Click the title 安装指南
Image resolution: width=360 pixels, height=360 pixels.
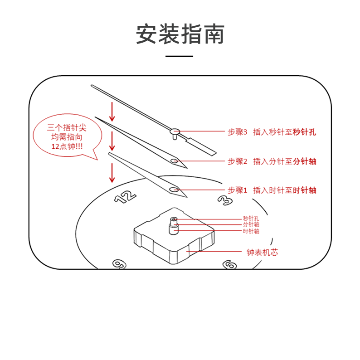[180, 34]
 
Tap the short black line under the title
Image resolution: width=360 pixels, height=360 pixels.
[180, 56]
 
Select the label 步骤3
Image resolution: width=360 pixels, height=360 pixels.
[237, 132]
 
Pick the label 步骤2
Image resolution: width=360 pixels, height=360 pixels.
[237, 161]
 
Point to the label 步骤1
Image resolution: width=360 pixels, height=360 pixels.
[237, 190]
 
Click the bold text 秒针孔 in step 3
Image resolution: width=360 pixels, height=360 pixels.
[304, 132]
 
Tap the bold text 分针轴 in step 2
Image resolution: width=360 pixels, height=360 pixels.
[304, 161]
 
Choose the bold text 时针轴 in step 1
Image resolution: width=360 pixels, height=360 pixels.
[304, 190]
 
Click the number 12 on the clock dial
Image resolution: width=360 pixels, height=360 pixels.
[125, 196]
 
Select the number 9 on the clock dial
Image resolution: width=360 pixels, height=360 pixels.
[119, 264]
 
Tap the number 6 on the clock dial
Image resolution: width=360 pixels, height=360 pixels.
[230, 264]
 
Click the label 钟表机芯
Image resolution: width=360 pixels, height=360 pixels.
[262, 252]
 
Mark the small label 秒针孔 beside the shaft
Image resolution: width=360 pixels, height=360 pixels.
[251, 219]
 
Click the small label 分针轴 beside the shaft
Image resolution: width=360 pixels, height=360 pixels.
[251, 224]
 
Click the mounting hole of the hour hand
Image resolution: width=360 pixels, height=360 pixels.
[174, 190]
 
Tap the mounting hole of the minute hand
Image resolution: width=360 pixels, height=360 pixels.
[175, 161]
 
